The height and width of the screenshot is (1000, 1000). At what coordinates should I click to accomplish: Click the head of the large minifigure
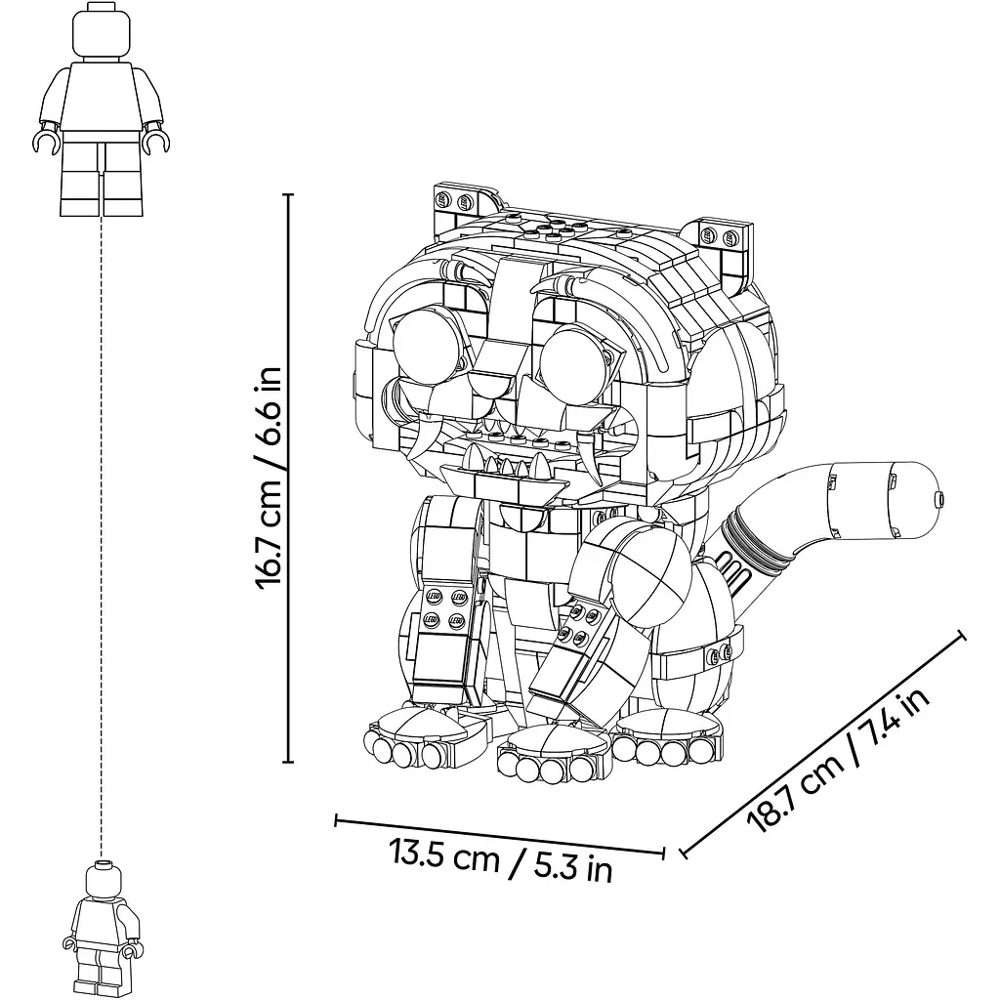102,32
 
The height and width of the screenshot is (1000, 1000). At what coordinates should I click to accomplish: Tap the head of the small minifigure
102,879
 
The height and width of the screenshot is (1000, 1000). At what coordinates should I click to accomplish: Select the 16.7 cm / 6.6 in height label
269,478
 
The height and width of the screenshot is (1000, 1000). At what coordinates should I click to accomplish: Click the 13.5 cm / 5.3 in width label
501,860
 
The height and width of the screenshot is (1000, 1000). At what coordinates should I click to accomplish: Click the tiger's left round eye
425,347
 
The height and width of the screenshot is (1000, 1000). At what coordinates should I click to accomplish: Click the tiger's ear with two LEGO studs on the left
466,205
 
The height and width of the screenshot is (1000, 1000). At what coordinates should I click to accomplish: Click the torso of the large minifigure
102,96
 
